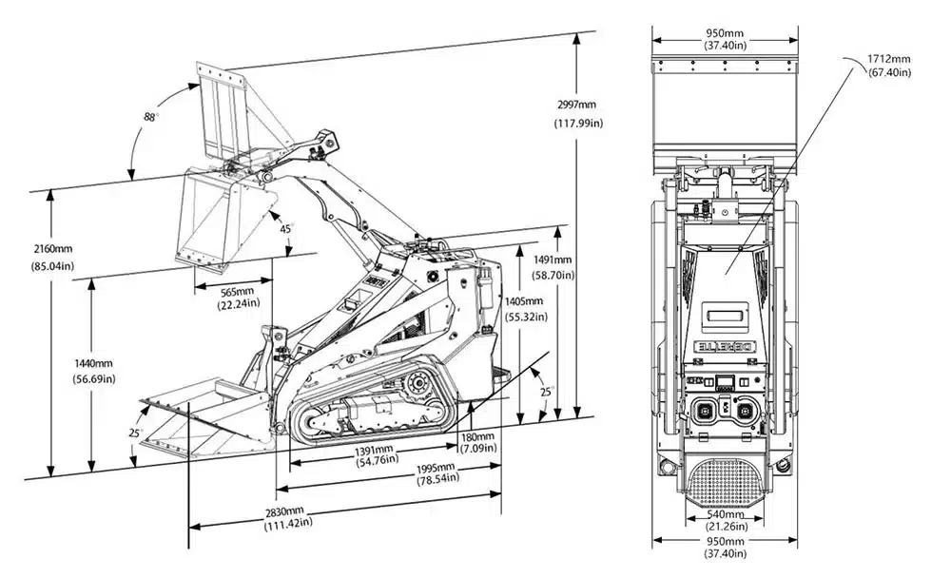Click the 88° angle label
click(x=150, y=116)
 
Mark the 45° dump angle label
click(x=285, y=228)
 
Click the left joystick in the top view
click(x=707, y=412)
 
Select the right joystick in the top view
click(x=745, y=412)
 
